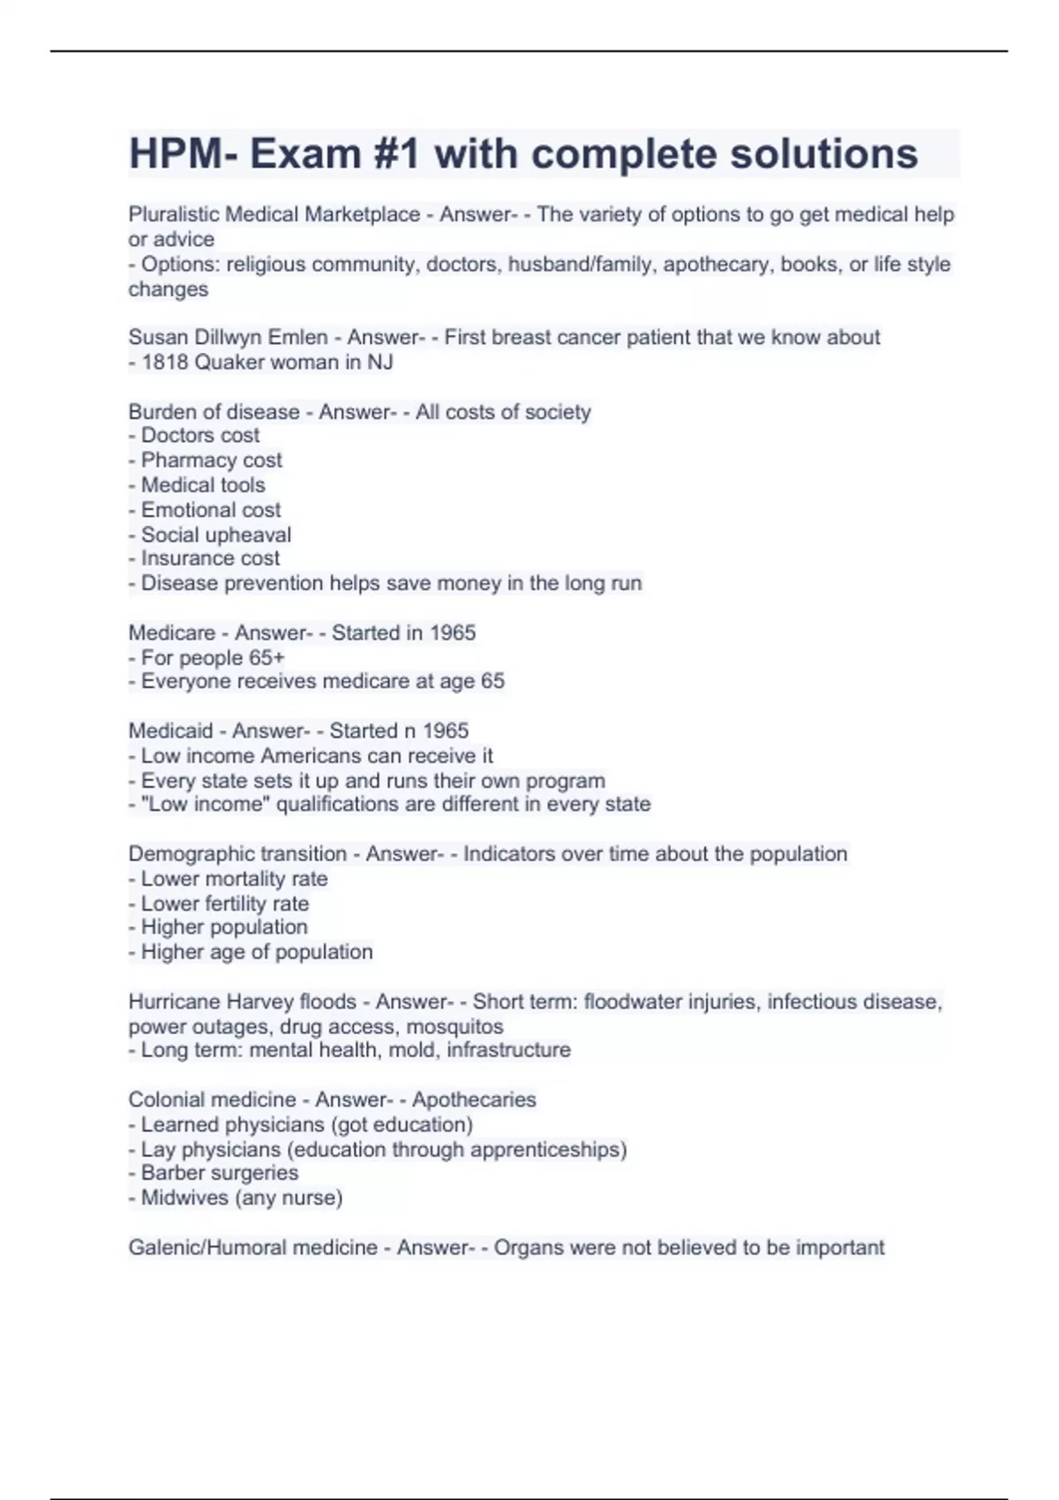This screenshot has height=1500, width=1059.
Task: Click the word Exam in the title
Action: coord(305,154)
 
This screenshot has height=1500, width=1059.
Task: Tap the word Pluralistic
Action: coord(174,214)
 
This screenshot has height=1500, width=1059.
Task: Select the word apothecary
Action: coord(718,264)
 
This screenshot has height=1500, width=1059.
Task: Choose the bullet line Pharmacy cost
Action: coord(211,460)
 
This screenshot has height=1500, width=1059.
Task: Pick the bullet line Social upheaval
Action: coord(215,535)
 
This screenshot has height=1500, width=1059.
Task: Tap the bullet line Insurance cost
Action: coord(210,559)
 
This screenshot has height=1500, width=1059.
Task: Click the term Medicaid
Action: coord(170,731)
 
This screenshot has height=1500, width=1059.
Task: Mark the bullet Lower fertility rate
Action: coord(224,904)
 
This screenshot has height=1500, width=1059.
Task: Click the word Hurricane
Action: coord(173,1001)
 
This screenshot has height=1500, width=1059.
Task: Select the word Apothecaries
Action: coord(474,1099)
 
